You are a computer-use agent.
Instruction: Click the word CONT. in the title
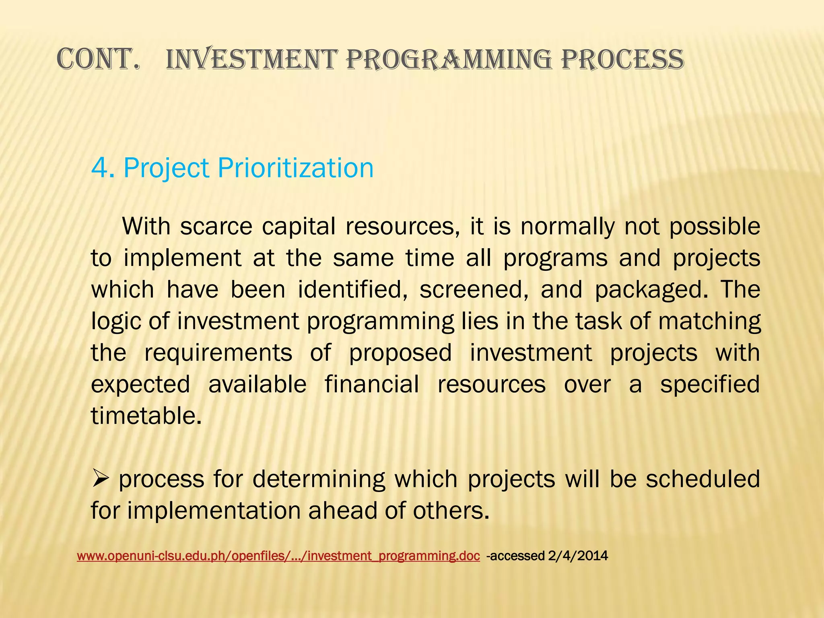[98, 60]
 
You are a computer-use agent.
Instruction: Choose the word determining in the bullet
[315, 479]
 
